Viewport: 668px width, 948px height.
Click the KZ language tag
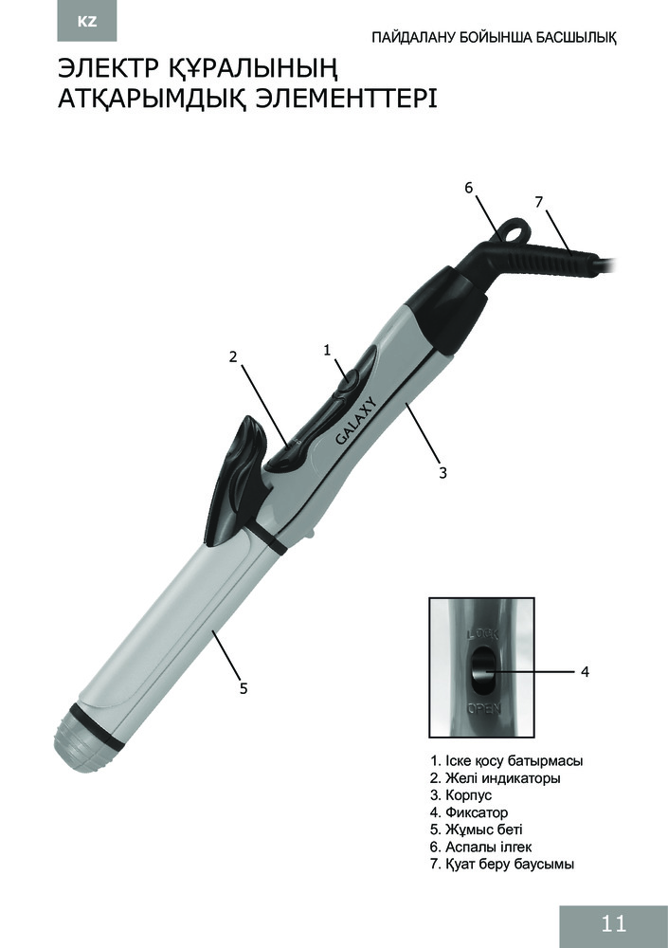[x=87, y=23]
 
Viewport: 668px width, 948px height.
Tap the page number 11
[x=614, y=923]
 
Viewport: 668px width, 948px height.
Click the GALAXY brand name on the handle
[x=356, y=422]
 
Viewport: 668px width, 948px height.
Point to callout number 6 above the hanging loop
[x=468, y=188]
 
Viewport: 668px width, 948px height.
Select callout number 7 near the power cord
[x=539, y=203]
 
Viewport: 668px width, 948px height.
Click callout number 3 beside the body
[x=442, y=473]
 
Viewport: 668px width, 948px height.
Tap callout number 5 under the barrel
[x=243, y=688]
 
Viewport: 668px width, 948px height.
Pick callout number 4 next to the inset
[x=585, y=671]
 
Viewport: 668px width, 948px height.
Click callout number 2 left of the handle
[x=233, y=356]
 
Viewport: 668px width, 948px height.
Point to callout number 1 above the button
[x=327, y=350]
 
